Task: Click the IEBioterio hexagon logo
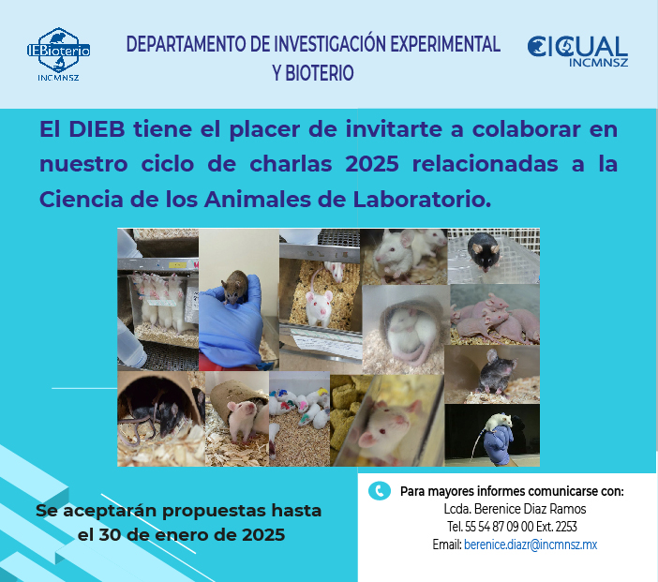click(x=58, y=53)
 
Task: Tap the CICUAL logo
click(x=577, y=51)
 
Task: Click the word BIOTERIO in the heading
click(x=320, y=73)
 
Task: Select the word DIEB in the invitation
click(x=97, y=128)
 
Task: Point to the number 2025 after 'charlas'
click(x=372, y=164)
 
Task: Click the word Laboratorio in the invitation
click(x=422, y=200)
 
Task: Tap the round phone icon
click(x=380, y=490)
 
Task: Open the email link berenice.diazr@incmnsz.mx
click(x=531, y=545)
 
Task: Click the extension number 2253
click(x=566, y=527)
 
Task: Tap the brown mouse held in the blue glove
click(x=235, y=287)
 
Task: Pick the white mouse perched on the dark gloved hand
click(x=498, y=423)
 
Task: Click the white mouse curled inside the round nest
click(x=405, y=333)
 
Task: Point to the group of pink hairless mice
click(x=494, y=318)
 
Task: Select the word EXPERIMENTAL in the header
click(x=445, y=44)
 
